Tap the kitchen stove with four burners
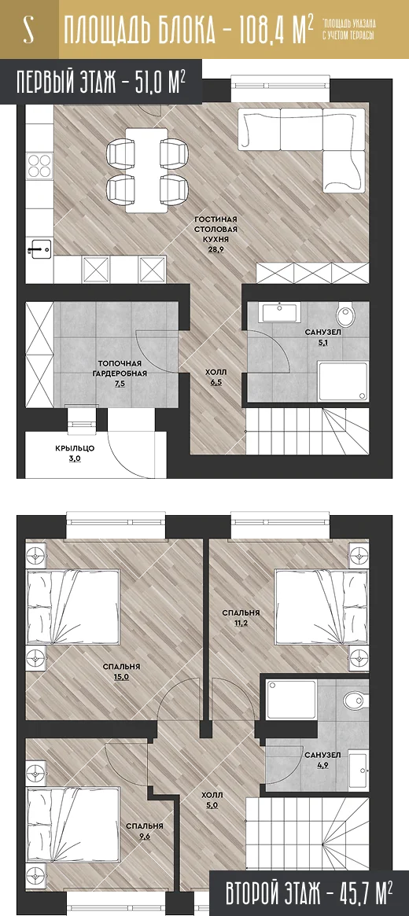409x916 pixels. click(39, 164)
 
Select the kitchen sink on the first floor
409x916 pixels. click(40, 249)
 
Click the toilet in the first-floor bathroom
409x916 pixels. click(345, 317)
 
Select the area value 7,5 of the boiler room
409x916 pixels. click(123, 384)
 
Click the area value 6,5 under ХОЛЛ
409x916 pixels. click(216, 383)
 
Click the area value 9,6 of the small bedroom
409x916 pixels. click(144, 837)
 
